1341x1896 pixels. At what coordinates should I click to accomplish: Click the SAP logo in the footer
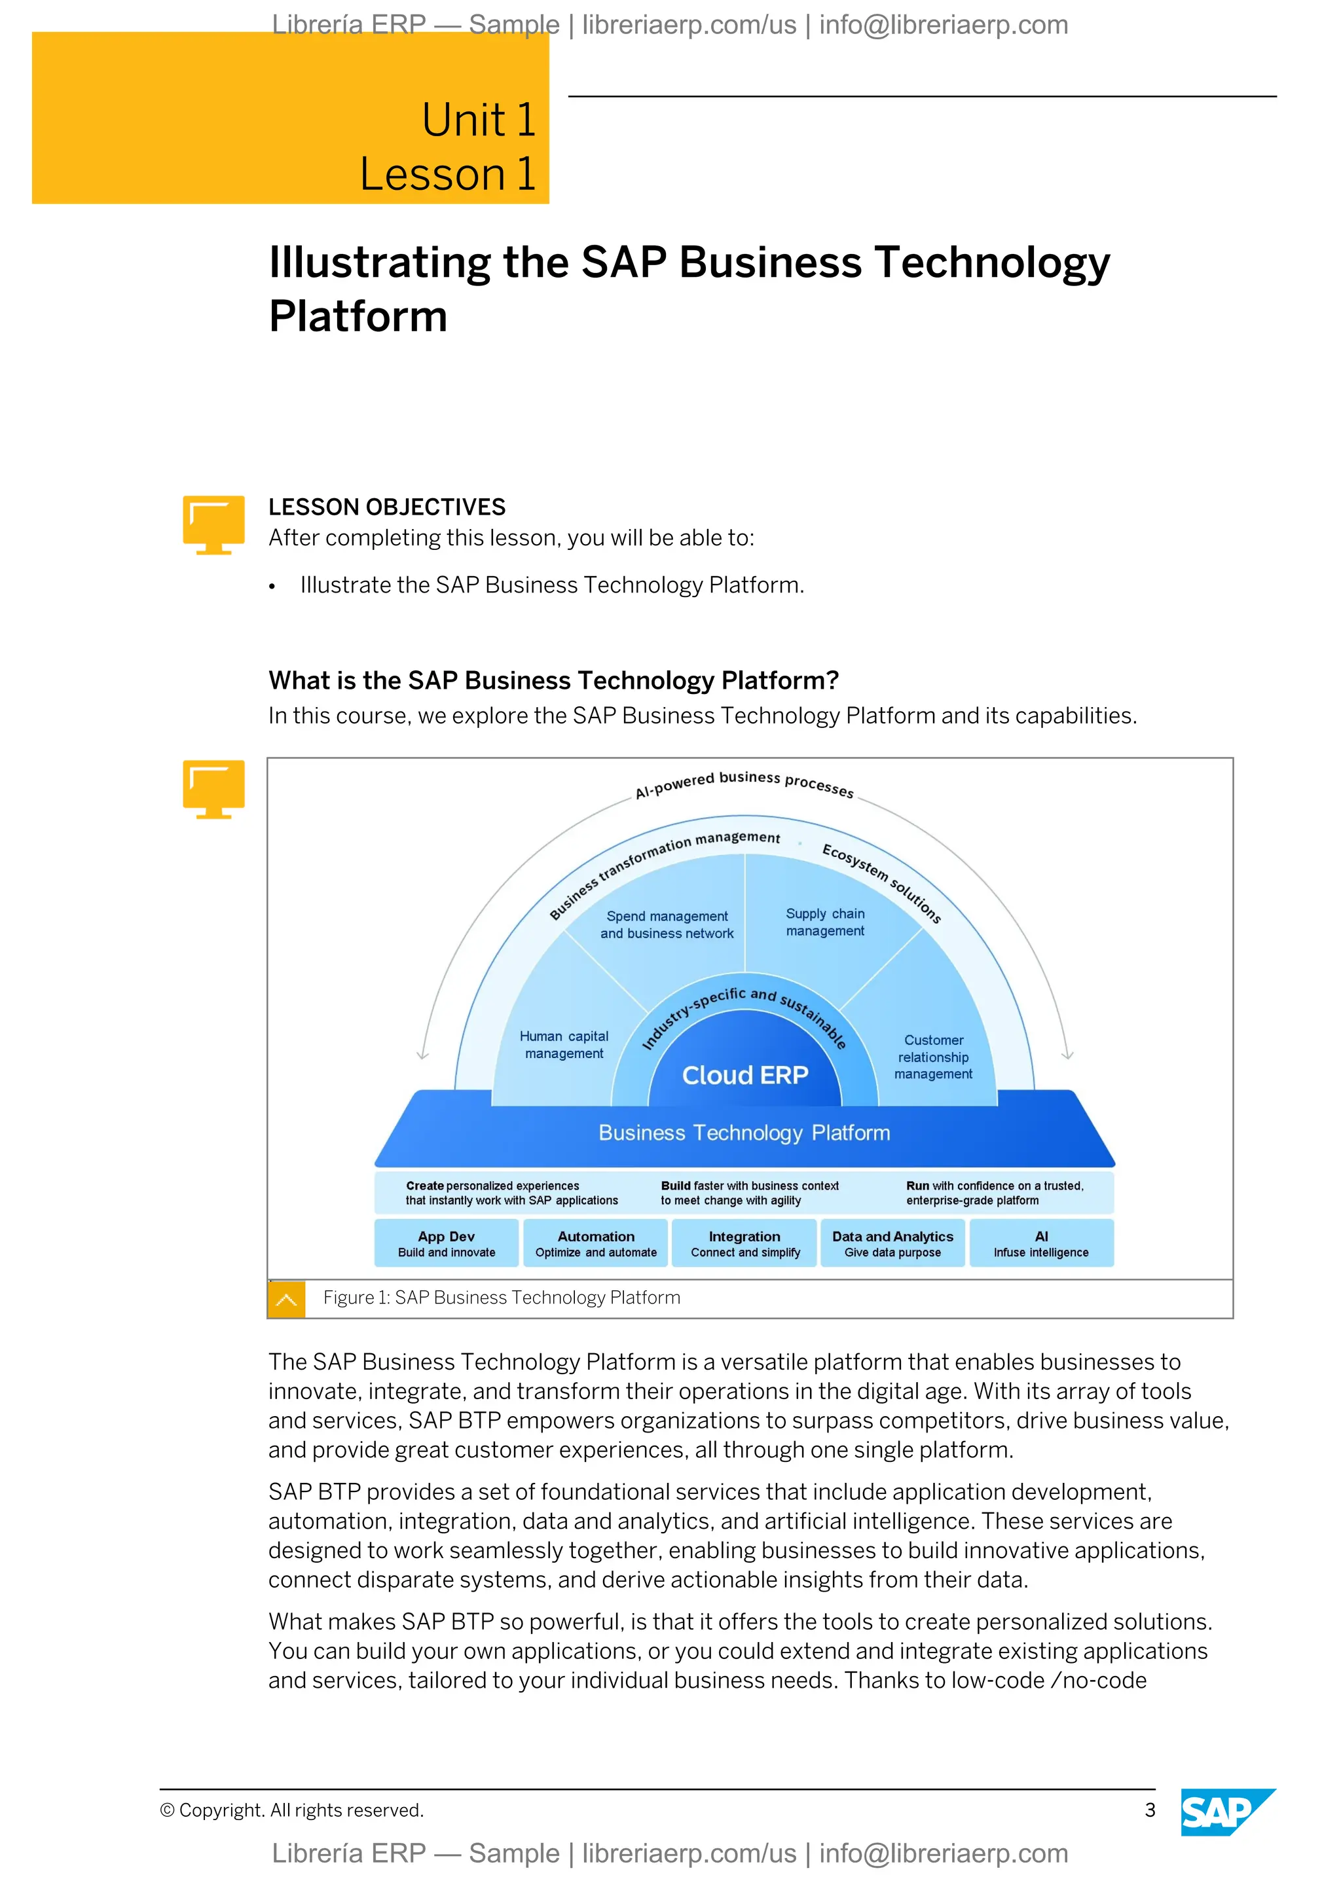pos(1226,1812)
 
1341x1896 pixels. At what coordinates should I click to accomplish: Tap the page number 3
pos(1149,1810)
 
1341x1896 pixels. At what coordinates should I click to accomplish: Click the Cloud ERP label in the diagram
pos(744,1075)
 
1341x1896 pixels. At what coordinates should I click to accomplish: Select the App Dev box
pos(447,1243)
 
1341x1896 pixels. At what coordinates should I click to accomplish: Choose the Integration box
pos(744,1243)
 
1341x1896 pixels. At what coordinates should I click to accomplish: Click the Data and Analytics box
pos(892,1243)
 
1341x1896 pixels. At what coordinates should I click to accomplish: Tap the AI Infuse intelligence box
pos(1041,1243)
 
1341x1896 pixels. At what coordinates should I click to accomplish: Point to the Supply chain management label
pos(825,922)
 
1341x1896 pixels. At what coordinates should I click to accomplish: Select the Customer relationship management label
pos(933,1057)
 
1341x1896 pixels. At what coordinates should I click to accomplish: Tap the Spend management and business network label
pos(667,925)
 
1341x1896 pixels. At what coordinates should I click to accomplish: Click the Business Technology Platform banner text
pos(744,1133)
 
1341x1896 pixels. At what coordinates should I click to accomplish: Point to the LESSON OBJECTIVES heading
pos(386,507)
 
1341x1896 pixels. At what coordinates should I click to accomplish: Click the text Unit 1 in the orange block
pos(479,120)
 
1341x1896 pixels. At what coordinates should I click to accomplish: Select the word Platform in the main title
pos(358,317)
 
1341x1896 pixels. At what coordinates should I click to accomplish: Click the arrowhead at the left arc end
pos(423,1055)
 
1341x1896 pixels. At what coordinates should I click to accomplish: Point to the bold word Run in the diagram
pos(917,1186)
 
